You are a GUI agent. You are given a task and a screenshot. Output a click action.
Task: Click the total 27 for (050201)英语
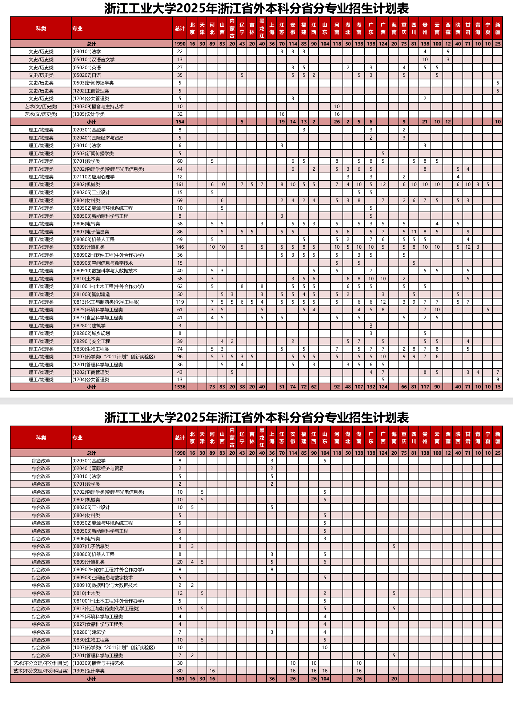[180, 67]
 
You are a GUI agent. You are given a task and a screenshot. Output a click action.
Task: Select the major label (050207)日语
[87, 75]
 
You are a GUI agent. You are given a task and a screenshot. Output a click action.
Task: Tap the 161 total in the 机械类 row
[180, 185]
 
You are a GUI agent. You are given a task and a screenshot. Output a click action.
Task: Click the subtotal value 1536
[180, 387]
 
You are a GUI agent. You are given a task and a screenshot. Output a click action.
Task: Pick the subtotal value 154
[180, 122]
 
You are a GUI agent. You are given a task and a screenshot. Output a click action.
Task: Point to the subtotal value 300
[180, 679]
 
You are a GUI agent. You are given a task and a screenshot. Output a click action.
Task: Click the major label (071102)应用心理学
[93, 177]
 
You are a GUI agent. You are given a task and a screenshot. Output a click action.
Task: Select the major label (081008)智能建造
[91, 294]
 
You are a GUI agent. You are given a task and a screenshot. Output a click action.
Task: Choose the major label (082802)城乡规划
[91, 333]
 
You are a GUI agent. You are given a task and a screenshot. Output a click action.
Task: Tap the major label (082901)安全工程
[91, 341]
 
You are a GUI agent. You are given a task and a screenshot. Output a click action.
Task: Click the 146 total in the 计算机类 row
[180, 247]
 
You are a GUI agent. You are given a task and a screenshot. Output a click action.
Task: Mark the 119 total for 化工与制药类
[180, 302]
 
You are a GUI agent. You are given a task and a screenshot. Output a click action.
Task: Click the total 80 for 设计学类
[180, 671]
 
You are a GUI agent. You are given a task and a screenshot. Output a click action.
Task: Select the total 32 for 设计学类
[180, 114]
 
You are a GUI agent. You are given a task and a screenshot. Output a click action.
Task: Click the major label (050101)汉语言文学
[93, 59]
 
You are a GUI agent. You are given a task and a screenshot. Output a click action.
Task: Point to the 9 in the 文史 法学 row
[448, 52]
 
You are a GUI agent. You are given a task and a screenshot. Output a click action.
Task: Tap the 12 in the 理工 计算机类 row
[468, 247]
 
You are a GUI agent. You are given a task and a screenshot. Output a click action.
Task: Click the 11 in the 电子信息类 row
[414, 232]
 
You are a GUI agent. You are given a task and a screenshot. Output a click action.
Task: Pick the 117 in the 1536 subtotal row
[425, 387]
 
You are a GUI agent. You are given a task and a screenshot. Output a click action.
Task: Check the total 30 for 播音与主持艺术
[180, 663]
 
